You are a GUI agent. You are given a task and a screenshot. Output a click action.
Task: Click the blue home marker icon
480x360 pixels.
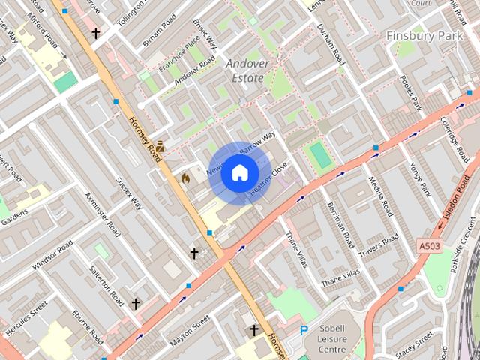(239, 173)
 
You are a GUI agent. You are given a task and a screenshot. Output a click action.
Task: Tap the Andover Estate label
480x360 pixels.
(247, 70)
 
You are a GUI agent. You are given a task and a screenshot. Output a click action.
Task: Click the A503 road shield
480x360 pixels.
(429, 245)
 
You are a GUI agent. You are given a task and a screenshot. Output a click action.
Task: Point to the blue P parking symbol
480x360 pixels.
(304, 330)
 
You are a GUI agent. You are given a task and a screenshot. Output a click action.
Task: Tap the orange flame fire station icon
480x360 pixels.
(185, 178)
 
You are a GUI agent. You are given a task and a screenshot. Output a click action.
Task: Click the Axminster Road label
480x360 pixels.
(103, 213)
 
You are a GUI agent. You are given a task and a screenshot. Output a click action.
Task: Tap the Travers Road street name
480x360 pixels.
(379, 247)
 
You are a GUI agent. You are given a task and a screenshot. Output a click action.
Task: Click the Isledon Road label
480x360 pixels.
(460, 199)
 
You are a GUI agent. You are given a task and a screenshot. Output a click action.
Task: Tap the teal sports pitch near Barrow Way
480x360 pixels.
(321, 155)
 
